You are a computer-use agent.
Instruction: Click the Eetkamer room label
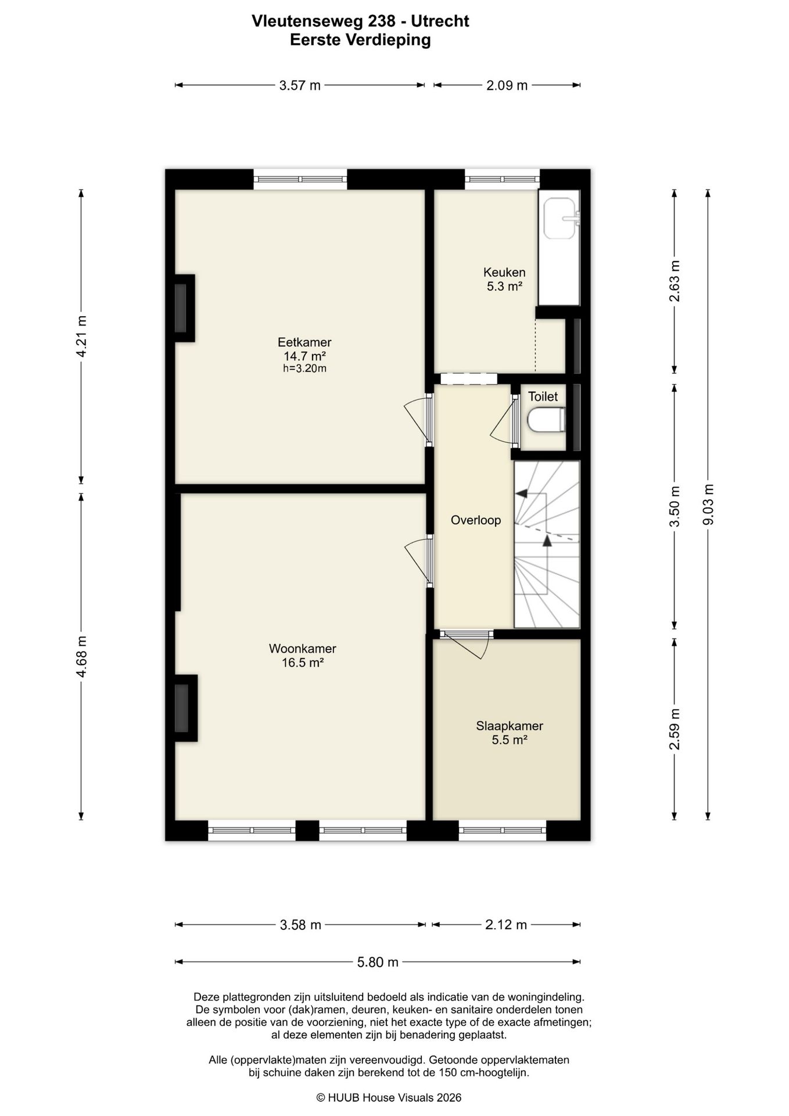(x=304, y=342)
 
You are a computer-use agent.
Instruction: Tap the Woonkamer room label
(x=302, y=649)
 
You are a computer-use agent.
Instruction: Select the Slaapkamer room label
(x=510, y=726)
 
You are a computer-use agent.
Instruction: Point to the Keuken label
(x=504, y=272)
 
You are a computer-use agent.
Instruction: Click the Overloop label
(x=476, y=520)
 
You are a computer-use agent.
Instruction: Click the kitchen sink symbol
(x=561, y=219)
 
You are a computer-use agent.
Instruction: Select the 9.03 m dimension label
(x=708, y=505)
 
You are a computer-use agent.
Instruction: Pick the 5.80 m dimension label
(x=378, y=962)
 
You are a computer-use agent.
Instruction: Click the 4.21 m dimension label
(x=81, y=337)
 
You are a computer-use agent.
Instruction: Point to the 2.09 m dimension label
(x=507, y=85)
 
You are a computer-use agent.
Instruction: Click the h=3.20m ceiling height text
(x=304, y=369)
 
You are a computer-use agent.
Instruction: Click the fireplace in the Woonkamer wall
(x=185, y=708)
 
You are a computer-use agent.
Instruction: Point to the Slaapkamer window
(x=503, y=830)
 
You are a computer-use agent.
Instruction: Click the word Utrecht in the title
(x=440, y=22)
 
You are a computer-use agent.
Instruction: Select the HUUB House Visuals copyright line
(x=389, y=1097)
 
